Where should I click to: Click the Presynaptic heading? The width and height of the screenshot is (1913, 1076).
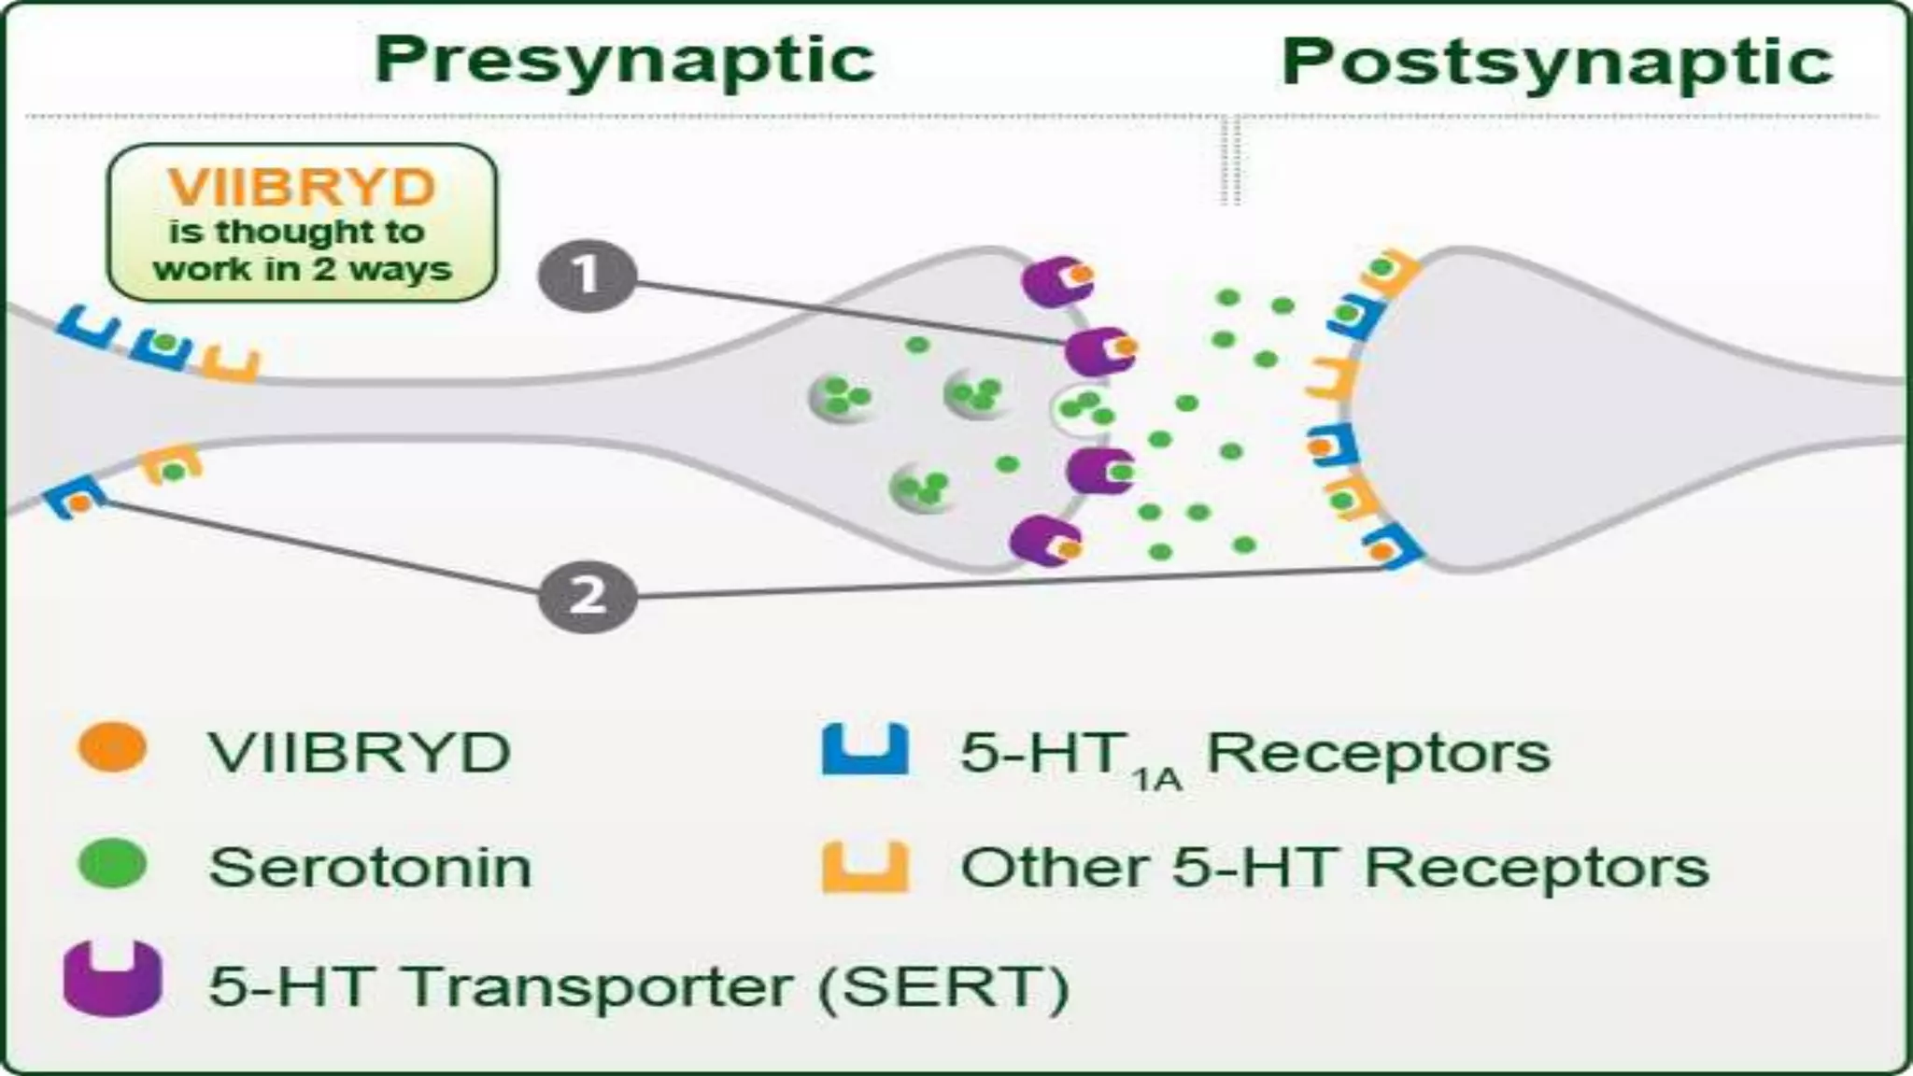coord(624,61)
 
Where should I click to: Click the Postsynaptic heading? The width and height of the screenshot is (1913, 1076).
coord(1556,63)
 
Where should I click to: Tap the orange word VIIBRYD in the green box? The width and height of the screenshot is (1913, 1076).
coord(302,188)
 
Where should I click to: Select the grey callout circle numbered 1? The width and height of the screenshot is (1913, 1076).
coord(587,276)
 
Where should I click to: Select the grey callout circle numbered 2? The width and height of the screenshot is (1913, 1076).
coord(588,595)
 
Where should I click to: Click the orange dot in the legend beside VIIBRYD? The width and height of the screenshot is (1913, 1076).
coord(113,749)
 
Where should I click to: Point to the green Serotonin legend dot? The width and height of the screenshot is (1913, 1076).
coord(113,864)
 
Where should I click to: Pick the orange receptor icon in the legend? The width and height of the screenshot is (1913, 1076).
coord(864,866)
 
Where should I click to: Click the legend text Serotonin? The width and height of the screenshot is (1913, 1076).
coord(370,867)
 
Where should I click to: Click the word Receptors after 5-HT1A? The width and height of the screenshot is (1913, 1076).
coord(1379,752)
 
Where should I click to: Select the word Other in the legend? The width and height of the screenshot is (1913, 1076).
coord(1055,867)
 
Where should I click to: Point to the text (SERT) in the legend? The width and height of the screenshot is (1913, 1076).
coord(942,986)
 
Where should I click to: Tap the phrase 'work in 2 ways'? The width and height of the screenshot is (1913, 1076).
coord(303,270)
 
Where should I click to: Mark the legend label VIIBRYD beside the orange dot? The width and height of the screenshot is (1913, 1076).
coord(359,752)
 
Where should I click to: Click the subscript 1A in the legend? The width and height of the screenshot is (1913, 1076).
coord(1156,777)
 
